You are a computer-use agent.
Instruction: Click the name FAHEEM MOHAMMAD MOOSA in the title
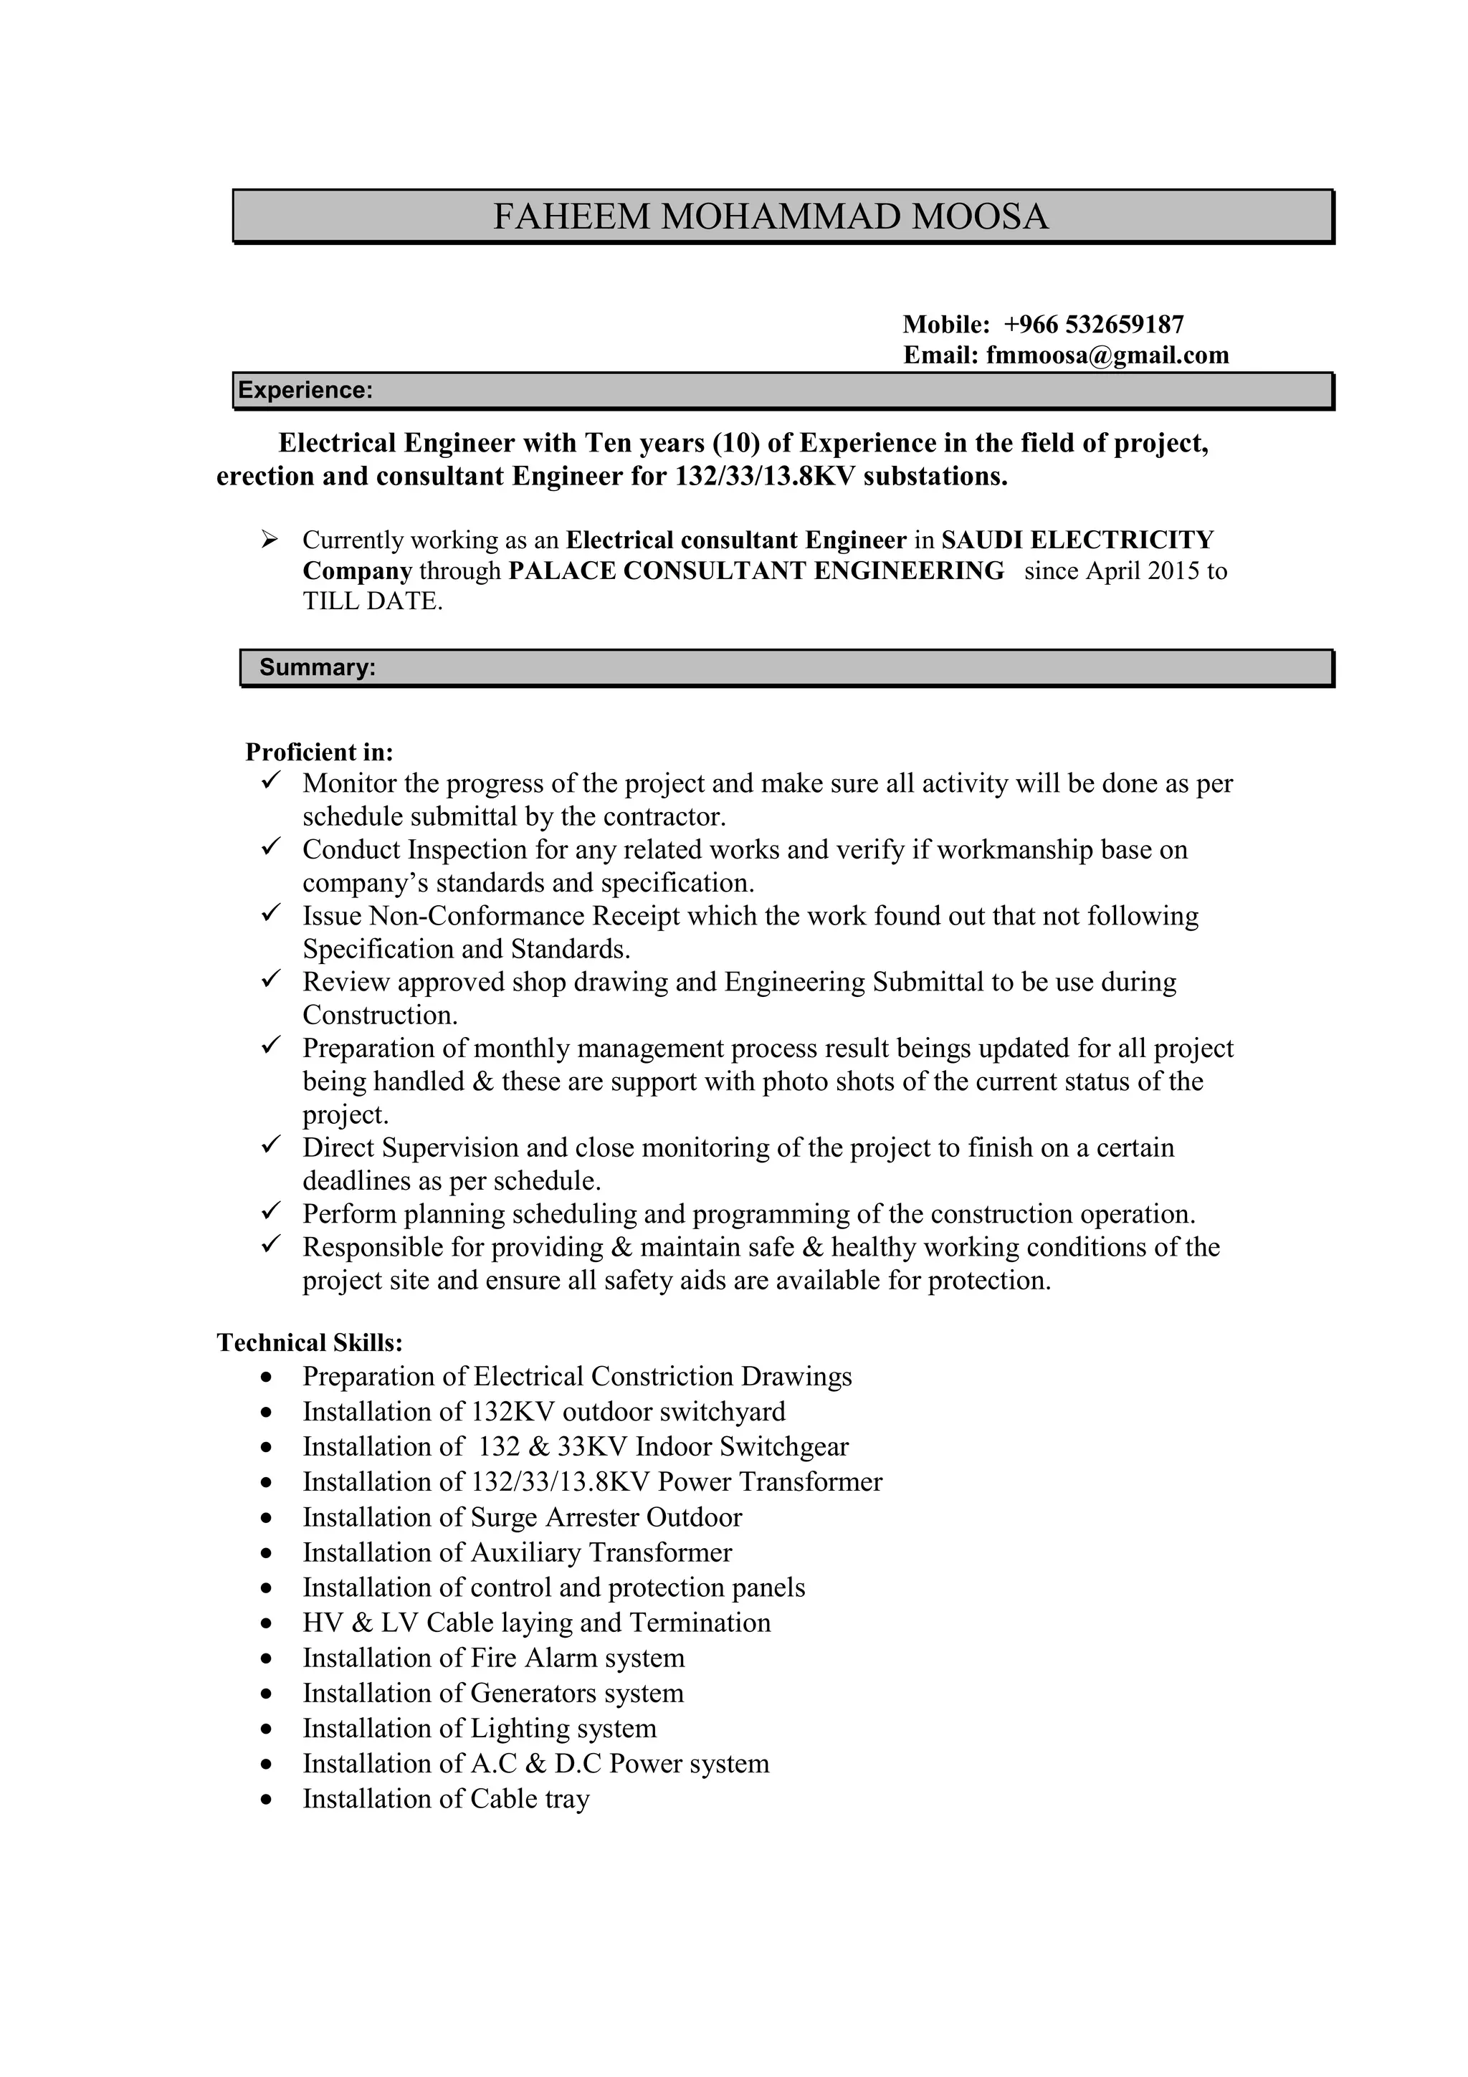pyautogui.click(x=770, y=217)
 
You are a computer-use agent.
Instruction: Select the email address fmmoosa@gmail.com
pyautogui.click(x=1107, y=355)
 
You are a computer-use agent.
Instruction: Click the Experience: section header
pyautogui.click(x=305, y=390)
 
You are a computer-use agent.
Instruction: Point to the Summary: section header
pyautogui.click(x=317, y=668)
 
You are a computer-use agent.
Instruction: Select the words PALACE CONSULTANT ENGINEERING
pyautogui.click(x=756, y=570)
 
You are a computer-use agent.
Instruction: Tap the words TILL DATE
pyautogui.click(x=372, y=601)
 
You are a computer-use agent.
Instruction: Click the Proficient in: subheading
pyautogui.click(x=319, y=752)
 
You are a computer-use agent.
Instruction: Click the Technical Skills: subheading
pyautogui.click(x=310, y=1342)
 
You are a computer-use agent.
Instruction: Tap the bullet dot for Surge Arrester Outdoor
pyautogui.click(x=265, y=1518)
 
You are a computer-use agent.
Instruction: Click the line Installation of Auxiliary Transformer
pyautogui.click(x=517, y=1552)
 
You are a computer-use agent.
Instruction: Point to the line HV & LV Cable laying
pyautogui.click(x=535, y=1623)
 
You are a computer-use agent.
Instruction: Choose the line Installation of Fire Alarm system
pyautogui.click(x=493, y=1658)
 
